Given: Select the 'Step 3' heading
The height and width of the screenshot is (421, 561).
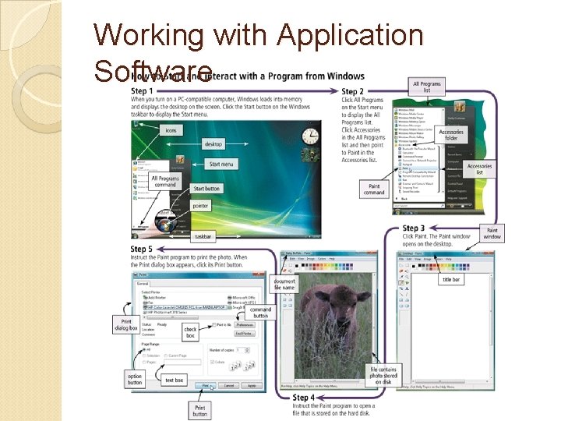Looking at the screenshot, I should [415, 228].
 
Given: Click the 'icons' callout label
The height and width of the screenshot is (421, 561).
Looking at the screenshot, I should [171, 130].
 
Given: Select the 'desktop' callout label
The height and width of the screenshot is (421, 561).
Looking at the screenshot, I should [213, 144].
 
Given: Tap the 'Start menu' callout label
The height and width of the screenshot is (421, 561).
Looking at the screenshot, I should [221, 164].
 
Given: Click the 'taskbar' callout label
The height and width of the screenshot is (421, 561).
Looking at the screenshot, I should [203, 235].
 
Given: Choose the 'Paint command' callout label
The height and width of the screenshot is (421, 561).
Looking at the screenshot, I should [375, 189].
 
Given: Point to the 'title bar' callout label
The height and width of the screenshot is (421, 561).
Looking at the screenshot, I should [451, 279].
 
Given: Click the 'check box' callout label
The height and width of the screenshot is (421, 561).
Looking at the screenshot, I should [190, 332].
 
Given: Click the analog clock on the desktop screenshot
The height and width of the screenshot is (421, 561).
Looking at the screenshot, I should [309, 138].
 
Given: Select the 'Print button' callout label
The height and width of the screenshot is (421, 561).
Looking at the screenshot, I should [200, 410].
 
